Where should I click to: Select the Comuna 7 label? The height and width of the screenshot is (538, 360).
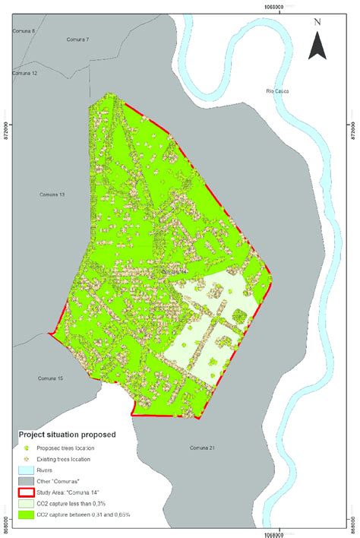77,39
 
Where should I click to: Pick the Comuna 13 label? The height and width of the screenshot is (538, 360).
51,195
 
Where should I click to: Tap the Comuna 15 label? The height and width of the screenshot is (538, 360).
50,378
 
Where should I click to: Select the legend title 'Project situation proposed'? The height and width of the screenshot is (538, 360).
66,435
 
